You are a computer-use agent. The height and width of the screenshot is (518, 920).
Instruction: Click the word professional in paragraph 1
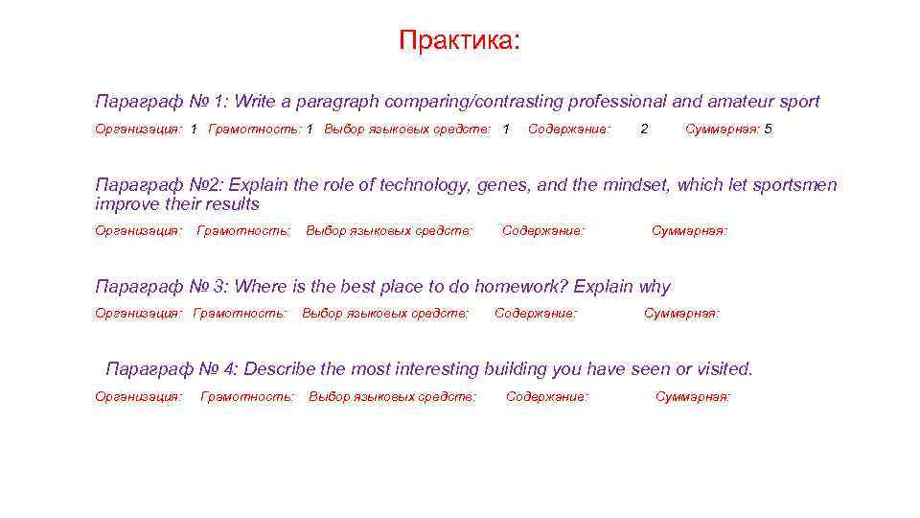pos(615,102)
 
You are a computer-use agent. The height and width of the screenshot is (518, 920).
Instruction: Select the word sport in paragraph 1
pos(798,102)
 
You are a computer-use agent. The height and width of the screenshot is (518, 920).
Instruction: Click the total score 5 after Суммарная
pos(768,129)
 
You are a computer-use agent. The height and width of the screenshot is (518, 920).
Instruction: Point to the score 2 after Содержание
pos(644,129)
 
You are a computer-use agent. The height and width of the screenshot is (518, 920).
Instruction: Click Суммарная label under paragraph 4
pos(692,396)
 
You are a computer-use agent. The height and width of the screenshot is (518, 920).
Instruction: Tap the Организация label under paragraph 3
pos(138,313)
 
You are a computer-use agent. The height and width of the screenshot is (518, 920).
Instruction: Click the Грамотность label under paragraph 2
pos(243,230)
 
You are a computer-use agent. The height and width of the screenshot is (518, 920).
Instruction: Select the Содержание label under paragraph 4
pos(547,396)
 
